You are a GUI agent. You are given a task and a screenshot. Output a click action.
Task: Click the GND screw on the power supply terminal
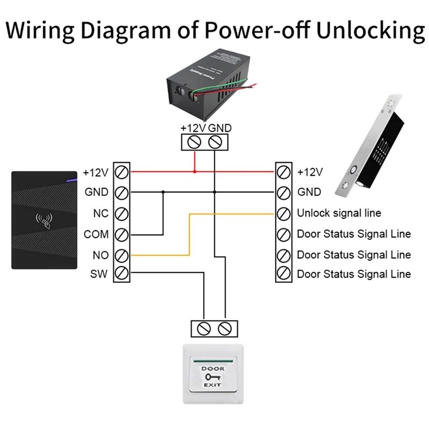(214, 143)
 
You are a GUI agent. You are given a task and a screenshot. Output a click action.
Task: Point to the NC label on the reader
(100, 213)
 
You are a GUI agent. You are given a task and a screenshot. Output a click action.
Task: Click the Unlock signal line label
(339, 213)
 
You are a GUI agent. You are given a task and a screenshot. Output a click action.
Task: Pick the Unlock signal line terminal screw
(283, 213)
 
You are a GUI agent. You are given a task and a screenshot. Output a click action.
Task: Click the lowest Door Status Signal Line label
(354, 274)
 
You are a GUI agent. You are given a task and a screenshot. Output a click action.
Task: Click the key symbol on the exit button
(213, 378)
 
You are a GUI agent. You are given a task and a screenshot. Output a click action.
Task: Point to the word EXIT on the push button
(213, 386)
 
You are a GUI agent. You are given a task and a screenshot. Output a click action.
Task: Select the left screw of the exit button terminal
(204, 327)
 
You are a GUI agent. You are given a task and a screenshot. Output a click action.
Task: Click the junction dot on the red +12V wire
(195, 172)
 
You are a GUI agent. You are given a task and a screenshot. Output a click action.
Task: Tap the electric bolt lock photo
(370, 145)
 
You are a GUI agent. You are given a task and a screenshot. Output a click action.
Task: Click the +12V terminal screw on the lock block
(283, 172)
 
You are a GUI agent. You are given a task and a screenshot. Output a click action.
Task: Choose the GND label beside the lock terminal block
(309, 192)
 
